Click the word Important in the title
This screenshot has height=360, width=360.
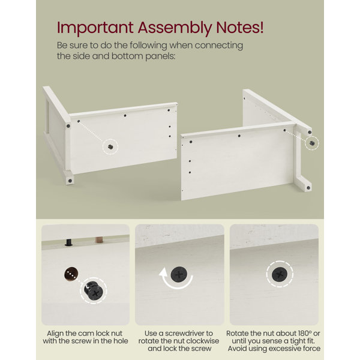(x=95, y=28)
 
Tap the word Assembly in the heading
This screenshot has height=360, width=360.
(x=174, y=28)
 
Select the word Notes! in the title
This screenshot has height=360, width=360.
(x=239, y=28)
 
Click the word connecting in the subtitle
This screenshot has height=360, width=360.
(x=219, y=46)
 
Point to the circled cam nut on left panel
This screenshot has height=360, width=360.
(x=110, y=147)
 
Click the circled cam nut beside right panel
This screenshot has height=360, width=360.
(x=312, y=143)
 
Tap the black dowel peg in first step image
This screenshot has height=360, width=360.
(x=68, y=242)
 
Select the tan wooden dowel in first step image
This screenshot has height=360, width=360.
(x=99, y=240)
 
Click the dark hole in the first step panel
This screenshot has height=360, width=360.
(x=71, y=274)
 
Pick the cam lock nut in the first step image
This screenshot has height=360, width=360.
(x=94, y=290)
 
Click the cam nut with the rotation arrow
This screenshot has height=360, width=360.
(x=179, y=274)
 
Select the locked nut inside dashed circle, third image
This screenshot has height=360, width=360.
(x=280, y=274)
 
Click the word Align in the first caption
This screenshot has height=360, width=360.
(x=55, y=334)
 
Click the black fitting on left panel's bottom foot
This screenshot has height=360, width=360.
(x=70, y=181)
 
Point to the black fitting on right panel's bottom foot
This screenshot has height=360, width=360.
(x=308, y=188)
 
